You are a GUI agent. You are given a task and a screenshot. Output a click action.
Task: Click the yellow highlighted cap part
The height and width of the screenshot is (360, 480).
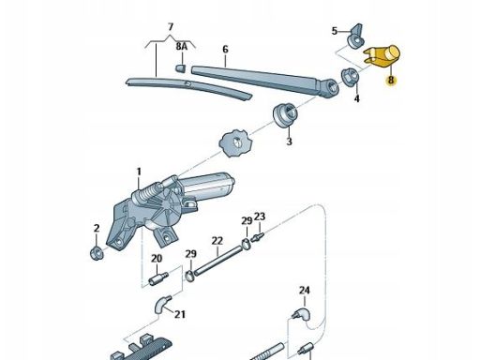tap(382, 56)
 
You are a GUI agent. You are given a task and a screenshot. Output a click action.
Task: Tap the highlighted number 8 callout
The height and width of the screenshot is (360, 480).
tap(391, 80)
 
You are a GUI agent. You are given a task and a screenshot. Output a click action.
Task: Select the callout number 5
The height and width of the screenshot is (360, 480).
tap(335, 31)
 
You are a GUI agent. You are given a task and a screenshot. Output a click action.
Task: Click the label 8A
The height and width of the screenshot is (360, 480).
tap(181, 47)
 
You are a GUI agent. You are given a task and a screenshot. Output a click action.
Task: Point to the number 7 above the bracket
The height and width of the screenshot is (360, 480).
tap(171, 27)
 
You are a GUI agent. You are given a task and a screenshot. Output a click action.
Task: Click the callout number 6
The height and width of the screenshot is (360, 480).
tap(225, 49)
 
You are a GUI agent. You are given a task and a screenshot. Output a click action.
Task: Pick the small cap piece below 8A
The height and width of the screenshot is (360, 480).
tap(180, 68)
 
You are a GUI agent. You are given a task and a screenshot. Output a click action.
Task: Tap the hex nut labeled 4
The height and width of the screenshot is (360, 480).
tap(351, 77)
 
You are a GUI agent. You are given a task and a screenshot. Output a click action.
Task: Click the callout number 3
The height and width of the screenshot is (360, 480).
tap(289, 142)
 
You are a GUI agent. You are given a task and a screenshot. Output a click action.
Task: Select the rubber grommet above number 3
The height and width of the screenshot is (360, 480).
tap(285, 114)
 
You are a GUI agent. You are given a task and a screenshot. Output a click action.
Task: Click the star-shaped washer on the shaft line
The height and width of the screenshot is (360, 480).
tap(236, 143)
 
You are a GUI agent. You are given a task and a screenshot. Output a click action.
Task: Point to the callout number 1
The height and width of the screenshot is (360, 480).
tap(139, 172)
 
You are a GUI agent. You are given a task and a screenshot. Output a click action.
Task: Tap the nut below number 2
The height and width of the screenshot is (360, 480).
tap(97, 253)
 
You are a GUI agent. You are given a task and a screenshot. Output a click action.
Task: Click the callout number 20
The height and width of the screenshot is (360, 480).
tap(157, 259)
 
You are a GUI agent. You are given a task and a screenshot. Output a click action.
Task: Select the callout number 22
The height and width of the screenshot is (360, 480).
tap(217, 241)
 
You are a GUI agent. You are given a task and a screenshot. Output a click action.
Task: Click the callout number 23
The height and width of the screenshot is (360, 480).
tap(260, 217)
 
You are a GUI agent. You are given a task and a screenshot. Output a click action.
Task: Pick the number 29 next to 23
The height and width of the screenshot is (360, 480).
tap(247, 221)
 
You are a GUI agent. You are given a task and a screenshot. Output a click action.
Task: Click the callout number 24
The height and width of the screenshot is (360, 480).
tap(305, 291)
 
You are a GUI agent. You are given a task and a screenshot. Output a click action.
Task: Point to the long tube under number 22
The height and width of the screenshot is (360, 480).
tap(218, 261)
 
